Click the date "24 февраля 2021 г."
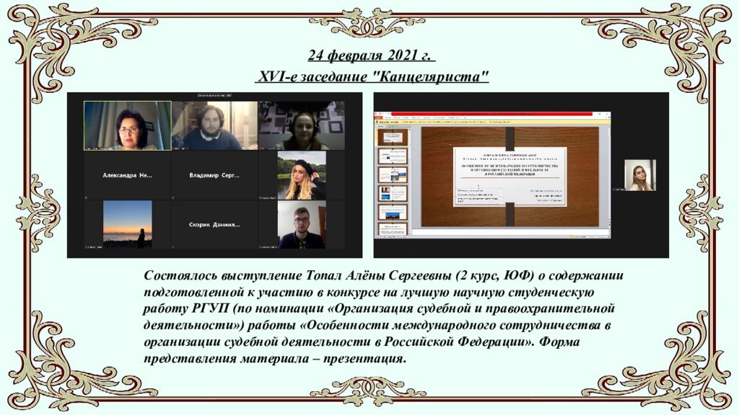(x=372, y=56)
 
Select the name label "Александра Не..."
(x=128, y=175)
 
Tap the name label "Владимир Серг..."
(x=214, y=175)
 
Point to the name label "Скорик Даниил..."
(x=214, y=224)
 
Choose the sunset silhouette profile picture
(x=128, y=224)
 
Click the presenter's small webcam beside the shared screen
(x=640, y=175)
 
